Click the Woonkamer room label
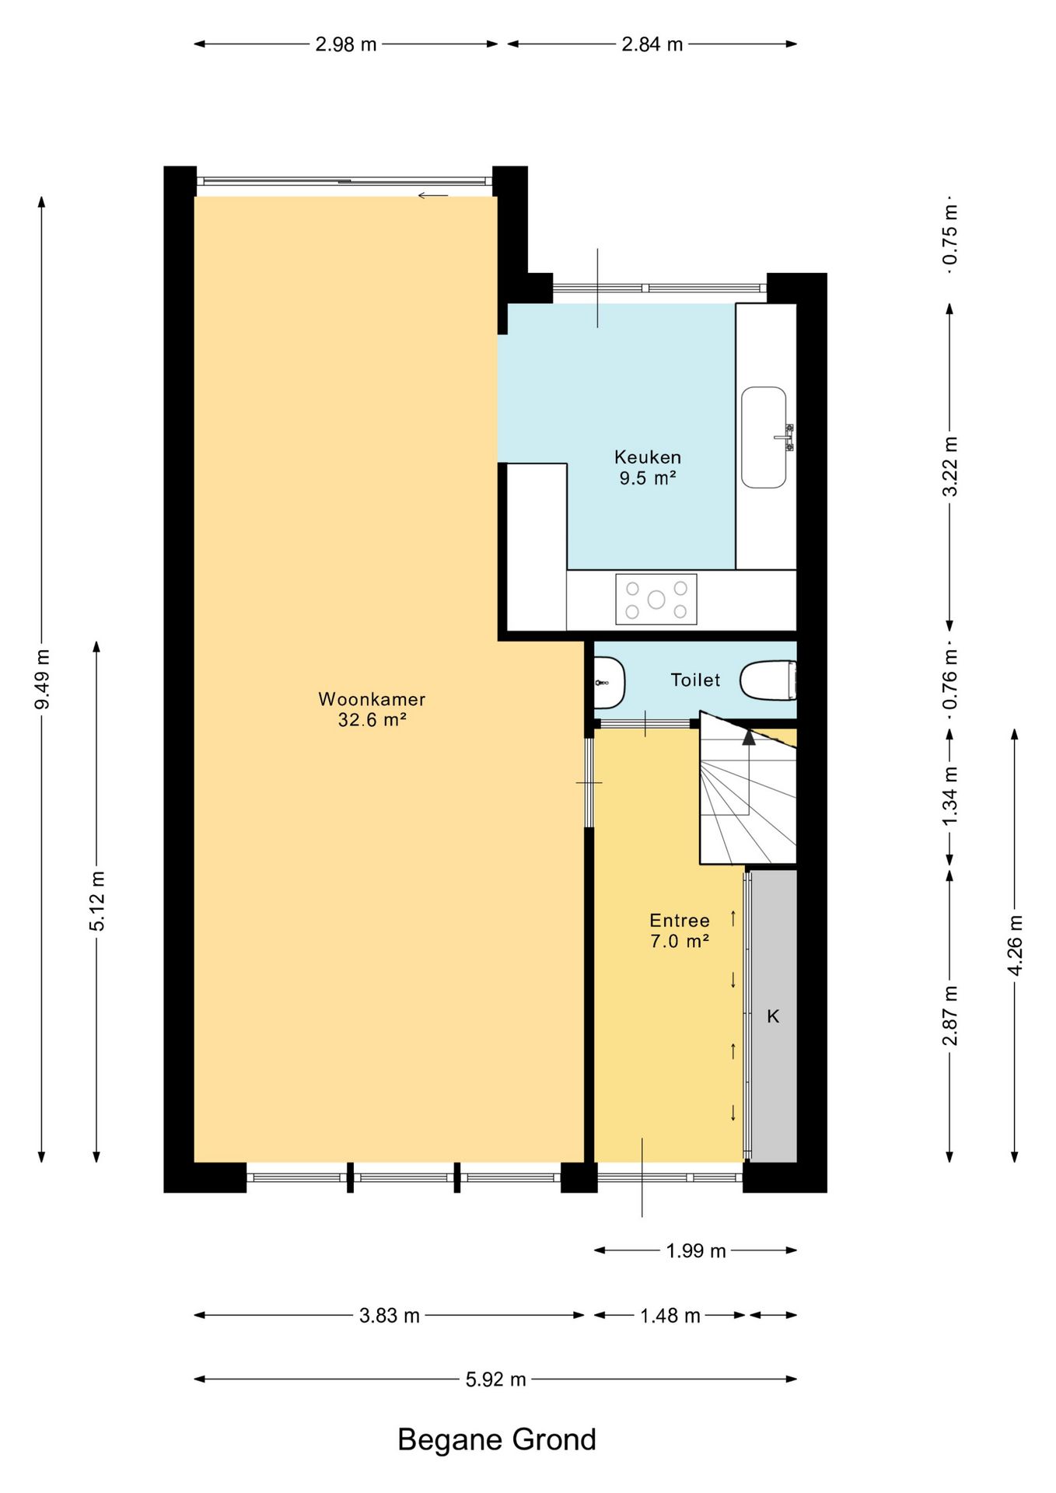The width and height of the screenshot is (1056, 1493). coord(372,709)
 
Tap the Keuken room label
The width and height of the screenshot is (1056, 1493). coord(648,467)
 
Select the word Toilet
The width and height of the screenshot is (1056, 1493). coord(695,680)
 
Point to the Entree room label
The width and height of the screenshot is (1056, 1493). coord(680,931)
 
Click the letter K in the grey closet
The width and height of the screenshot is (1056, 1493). coord(773,1016)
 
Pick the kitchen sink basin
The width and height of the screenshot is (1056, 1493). coord(764,438)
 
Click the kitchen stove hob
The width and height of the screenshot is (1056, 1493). coord(656,599)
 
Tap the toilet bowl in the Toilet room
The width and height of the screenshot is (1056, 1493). coord(768,680)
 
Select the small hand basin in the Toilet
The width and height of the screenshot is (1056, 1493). coord(609,683)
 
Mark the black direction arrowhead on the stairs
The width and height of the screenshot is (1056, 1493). coord(749,736)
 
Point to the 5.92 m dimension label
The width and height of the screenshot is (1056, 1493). coord(496,1379)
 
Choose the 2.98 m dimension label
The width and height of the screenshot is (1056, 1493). coord(346,44)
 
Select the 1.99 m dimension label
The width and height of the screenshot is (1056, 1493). coord(696,1251)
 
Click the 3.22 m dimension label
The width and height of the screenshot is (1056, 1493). coord(950,467)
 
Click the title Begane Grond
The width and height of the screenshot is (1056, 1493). coord(497,1439)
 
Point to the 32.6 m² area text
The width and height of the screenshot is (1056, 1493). coord(372,720)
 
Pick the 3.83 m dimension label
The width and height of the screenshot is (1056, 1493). coord(390,1316)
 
